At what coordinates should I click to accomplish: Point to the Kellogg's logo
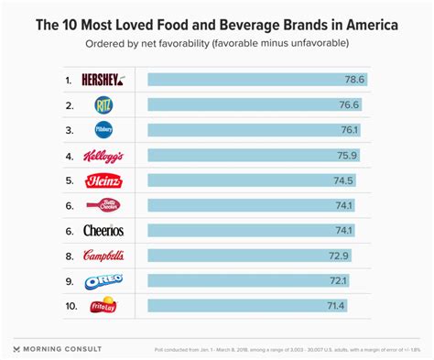click(x=103, y=156)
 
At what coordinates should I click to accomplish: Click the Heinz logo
click(x=103, y=180)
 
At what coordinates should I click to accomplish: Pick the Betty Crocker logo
click(x=103, y=205)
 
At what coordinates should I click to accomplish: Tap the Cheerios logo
click(x=103, y=230)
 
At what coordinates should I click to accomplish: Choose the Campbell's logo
click(x=103, y=255)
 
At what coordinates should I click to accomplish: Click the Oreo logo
click(x=103, y=279)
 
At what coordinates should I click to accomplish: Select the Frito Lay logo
click(x=103, y=304)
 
